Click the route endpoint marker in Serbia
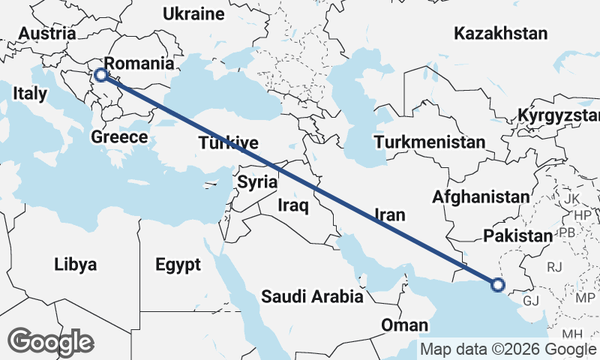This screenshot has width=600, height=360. (x=100, y=75)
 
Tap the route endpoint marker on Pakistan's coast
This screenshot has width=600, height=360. (x=497, y=284)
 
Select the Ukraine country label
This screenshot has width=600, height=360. (x=193, y=14)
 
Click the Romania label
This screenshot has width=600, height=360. (x=139, y=64)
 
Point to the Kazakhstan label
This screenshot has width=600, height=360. (x=500, y=34)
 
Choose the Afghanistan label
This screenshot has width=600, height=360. (x=481, y=197)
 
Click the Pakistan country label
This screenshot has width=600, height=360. (x=517, y=236)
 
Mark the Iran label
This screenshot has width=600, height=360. (x=389, y=215)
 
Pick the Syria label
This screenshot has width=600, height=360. (x=257, y=182)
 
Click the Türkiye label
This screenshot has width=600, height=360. (x=229, y=143)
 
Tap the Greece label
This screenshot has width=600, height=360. (x=118, y=137)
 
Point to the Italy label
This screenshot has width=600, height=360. (x=30, y=94)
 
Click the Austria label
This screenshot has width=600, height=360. (x=46, y=34)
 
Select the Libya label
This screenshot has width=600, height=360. (x=75, y=265)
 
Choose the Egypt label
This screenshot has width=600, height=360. (x=178, y=265)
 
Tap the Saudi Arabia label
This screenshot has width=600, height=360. (x=312, y=297)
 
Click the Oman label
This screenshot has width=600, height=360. (x=404, y=325)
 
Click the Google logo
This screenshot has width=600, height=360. (x=51, y=342)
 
